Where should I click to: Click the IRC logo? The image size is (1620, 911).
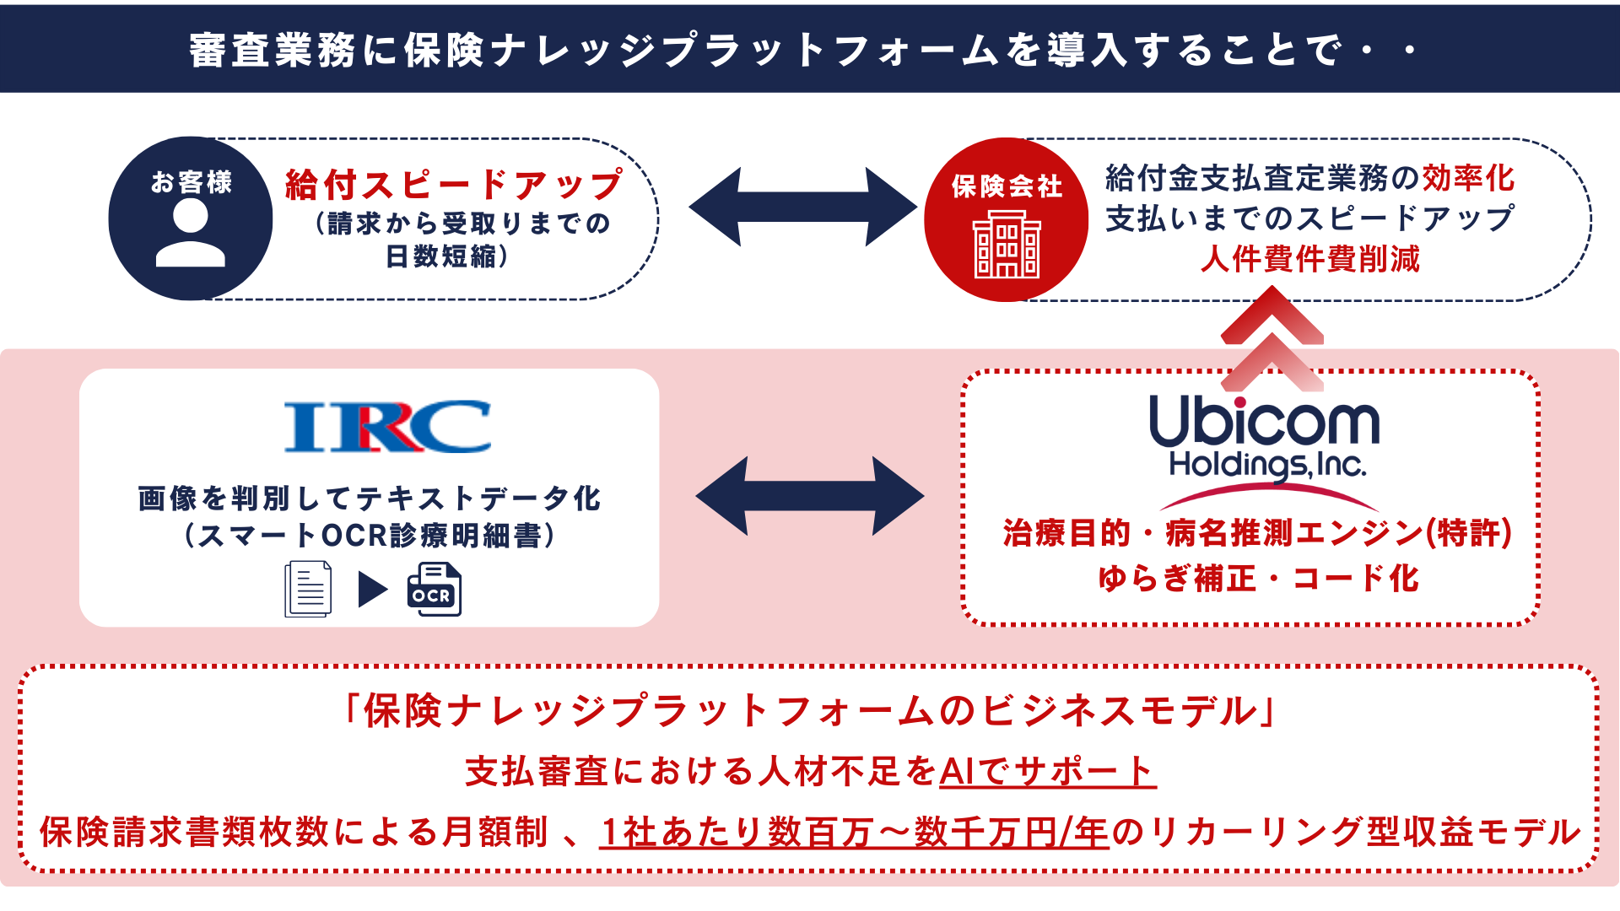pos(388,427)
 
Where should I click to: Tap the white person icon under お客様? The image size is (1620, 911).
pos(191,234)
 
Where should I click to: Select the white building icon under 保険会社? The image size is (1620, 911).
pos(1007,244)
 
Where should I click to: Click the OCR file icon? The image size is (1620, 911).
pos(434,589)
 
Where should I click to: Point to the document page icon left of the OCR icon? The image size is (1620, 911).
pos(308,589)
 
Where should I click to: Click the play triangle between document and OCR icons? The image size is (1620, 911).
pos(372,590)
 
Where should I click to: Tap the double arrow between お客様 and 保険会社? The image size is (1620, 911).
pos(802,207)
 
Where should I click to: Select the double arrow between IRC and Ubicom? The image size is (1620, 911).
pos(810,496)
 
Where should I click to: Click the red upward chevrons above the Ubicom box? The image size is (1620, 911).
pos(1272,337)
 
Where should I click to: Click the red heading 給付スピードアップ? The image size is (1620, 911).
pos(454,185)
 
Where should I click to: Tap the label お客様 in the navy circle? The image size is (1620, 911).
pos(192,182)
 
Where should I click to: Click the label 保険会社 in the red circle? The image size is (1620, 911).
pos(1007,186)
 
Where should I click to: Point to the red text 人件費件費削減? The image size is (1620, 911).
pos(1310,259)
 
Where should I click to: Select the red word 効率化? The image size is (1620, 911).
pos(1469,178)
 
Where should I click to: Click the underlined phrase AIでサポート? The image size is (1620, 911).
pos(1047,771)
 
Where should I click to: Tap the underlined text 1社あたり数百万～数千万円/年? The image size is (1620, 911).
pos(854,833)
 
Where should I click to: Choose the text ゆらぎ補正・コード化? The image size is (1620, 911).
pos(1259,579)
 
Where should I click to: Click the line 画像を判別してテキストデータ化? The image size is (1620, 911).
pos(370,499)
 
